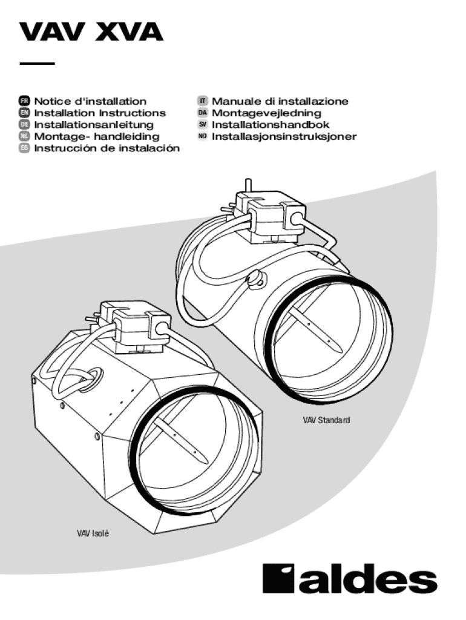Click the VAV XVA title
(x=91, y=31)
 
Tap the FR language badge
(x=25, y=102)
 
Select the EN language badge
(x=25, y=113)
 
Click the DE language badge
(x=25, y=125)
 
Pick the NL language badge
(x=25, y=137)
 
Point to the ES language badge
(x=25, y=148)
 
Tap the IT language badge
(x=203, y=102)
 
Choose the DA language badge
(x=203, y=113)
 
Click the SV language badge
(x=203, y=125)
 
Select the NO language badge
(x=203, y=137)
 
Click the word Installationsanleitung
(x=94, y=125)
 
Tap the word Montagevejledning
(x=266, y=113)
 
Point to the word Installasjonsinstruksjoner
(x=284, y=137)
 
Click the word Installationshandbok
(x=271, y=125)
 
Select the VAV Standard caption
(x=327, y=419)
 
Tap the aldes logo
(x=349, y=579)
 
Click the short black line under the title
(x=37, y=63)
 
